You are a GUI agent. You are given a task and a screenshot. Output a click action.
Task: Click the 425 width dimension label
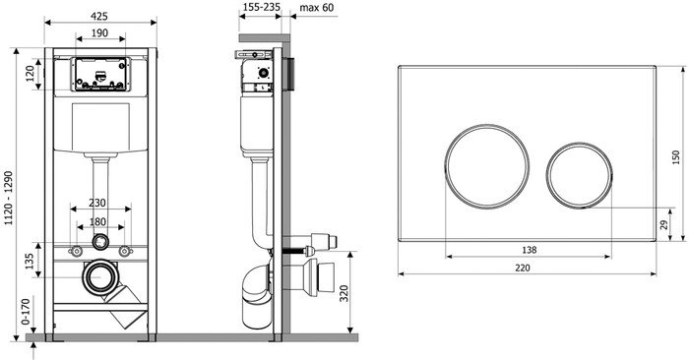pos(99,17)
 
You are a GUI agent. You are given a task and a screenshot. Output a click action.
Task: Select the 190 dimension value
pos(100,32)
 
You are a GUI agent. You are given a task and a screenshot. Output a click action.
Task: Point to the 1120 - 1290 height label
pos(9,199)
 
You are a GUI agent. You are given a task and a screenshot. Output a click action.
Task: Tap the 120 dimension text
pos(31,74)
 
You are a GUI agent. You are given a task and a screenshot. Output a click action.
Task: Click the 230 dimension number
pos(97,203)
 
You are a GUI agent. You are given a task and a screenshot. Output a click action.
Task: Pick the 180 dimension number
pos(97,221)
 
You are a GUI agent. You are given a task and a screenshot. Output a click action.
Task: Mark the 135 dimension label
pos(29,261)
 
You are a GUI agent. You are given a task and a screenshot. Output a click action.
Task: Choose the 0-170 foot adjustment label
pos(26,312)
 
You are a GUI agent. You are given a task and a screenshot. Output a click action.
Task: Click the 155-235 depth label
pos(260,8)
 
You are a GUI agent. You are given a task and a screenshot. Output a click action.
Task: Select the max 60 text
pos(317,8)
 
